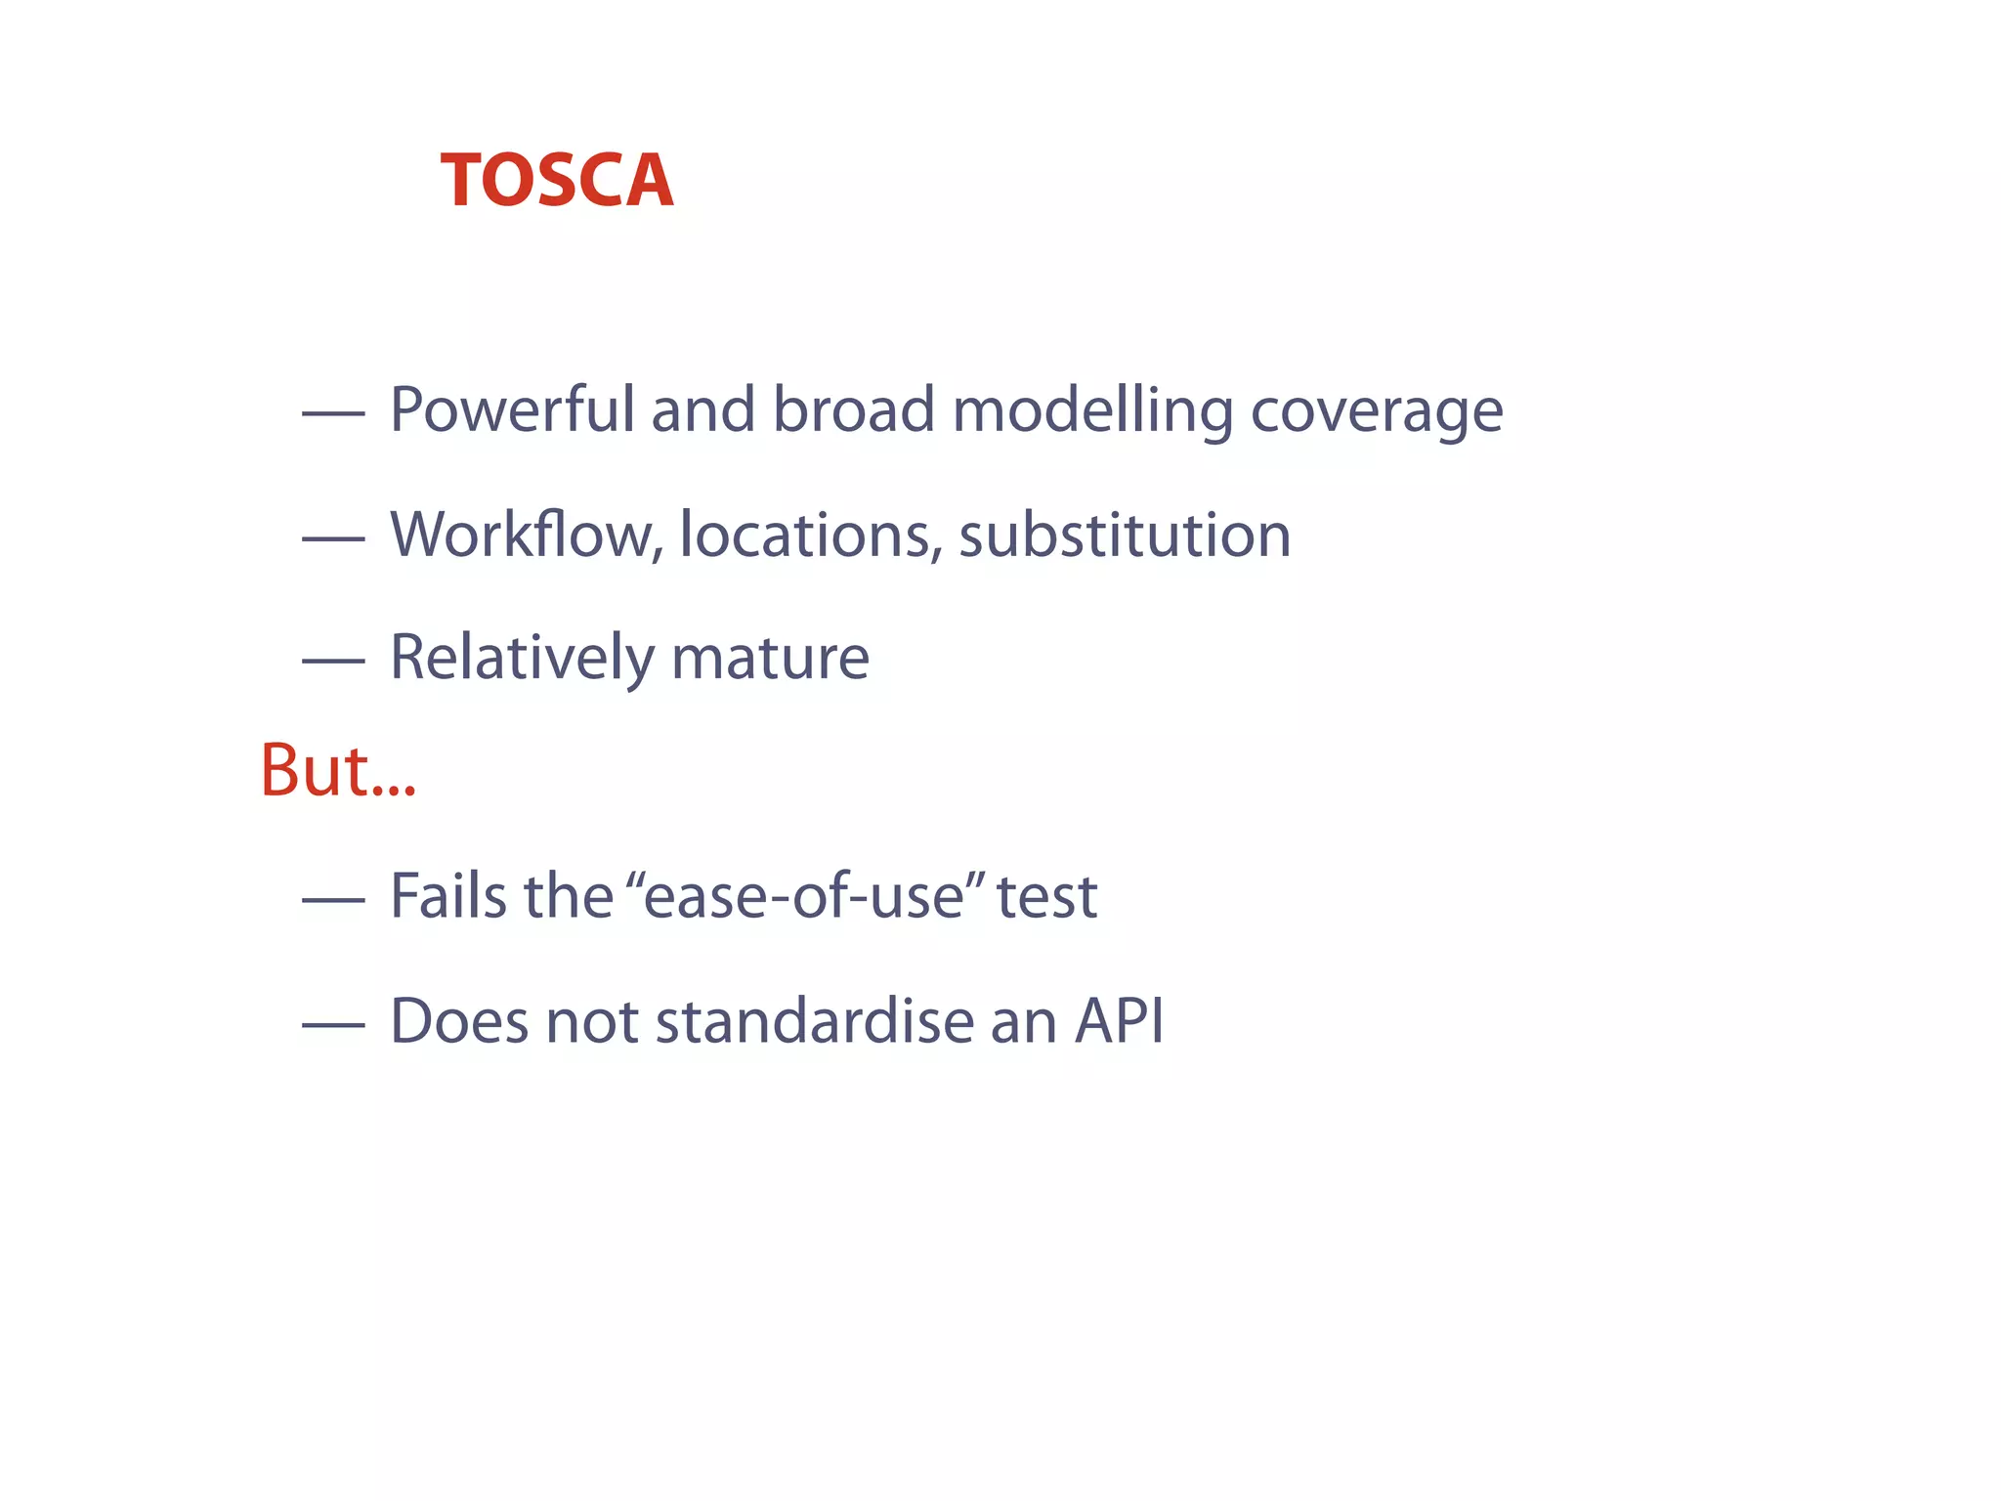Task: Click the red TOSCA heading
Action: click(557, 182)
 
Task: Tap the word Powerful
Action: click(512, 409)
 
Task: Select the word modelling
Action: click(1092, 411)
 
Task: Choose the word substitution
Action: click(1125, 535)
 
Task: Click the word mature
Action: click(770, 658)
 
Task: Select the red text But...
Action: click(337, 771)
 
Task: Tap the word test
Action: click(1046, 897)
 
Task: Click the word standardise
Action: click(814, 1021)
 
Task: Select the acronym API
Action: click(1120, 1021)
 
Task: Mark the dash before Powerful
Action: click(333, 414)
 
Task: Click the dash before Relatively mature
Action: click(333, 662)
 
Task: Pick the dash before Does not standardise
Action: click(333, 1025)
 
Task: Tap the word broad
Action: click(853, 409)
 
